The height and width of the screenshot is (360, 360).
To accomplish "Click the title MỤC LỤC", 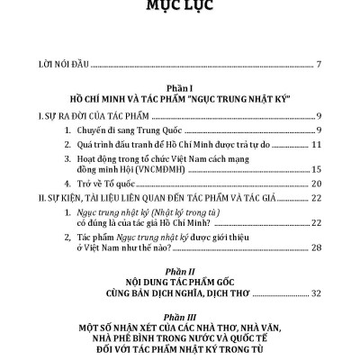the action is (179, 11).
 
